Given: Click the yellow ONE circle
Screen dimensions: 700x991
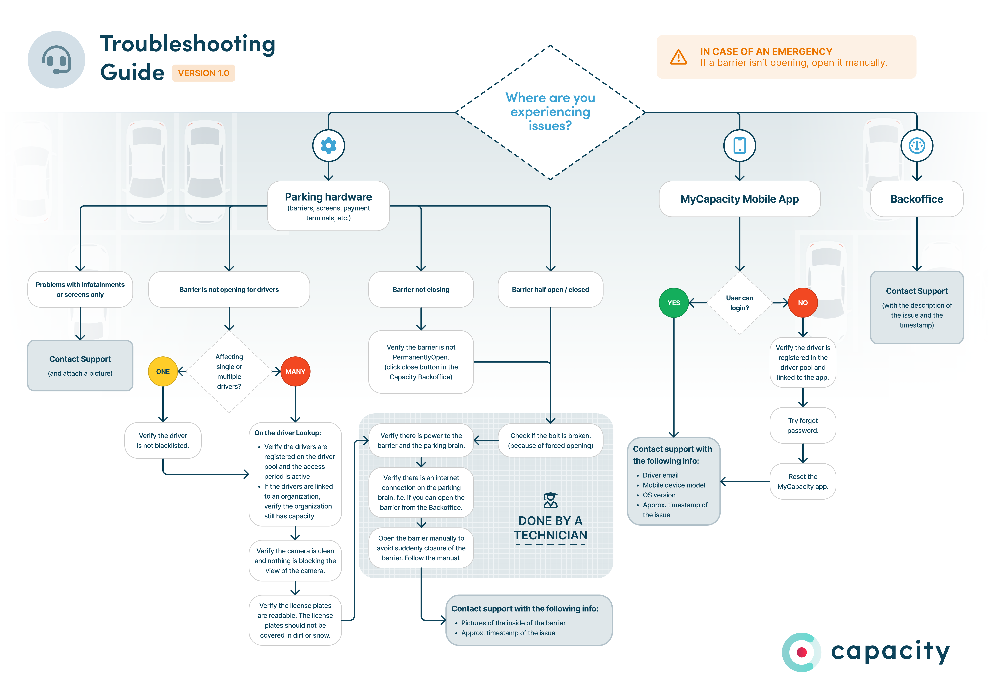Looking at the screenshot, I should [163, 371].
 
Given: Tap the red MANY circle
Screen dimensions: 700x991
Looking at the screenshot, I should [295, 371].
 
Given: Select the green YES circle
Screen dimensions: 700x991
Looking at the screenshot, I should [673, 303].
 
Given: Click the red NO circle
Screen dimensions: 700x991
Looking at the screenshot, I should [802, 303].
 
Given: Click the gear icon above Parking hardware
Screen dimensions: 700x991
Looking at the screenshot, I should [329, 146].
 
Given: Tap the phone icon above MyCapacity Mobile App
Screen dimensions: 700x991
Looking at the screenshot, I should [739, 146].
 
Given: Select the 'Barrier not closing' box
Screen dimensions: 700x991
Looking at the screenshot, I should [421, 289].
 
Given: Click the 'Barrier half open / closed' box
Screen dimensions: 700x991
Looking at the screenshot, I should [550, 289].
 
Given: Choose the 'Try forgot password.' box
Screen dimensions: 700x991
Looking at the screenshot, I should [802, 425].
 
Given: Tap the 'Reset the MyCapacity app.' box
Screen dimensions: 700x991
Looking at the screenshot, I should [802, 481].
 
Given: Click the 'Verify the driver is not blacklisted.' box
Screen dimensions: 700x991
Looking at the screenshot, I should [163, 440].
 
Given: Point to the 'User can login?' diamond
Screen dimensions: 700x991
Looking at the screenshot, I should [739, 303].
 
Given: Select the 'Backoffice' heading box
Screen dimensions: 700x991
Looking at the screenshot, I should [916, 199].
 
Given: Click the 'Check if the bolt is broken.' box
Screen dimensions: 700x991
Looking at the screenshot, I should [550, 440].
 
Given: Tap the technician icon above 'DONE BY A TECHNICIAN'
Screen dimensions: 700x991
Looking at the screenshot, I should [550, 500].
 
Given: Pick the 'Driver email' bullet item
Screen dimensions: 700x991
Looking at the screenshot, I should [660, 475].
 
